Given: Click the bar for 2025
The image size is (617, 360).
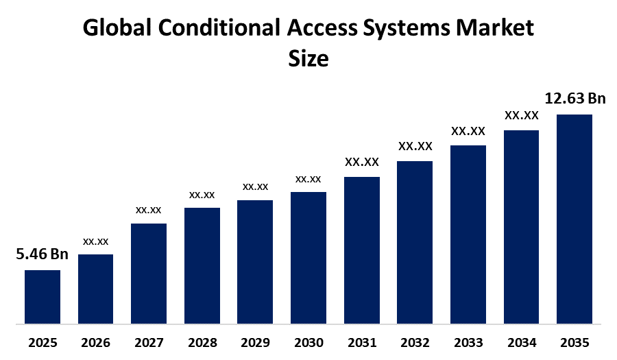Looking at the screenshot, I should [x=43, y=296].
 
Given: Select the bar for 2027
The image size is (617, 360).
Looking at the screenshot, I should [x=149, y=273].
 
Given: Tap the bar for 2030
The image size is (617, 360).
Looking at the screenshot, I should [x=308, y=257].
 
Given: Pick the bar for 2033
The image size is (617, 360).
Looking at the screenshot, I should [x=468, y=234].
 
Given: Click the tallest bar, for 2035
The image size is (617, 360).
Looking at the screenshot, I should [x=574, y=218].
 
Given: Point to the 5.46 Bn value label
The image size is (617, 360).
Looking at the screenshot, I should [x=43, y=255].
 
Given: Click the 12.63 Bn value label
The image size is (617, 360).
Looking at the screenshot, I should [x=574, y=99].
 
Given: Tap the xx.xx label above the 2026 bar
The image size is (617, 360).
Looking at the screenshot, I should [x=96, y=241].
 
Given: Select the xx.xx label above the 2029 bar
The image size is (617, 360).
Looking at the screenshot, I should [x=255, y=187].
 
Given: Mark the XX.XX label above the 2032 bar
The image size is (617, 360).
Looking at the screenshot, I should [x=415, y=146].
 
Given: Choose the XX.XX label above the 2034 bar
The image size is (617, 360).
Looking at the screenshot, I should [x=522, y=115].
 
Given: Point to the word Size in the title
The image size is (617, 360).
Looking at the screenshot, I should [x=308, y=58].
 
